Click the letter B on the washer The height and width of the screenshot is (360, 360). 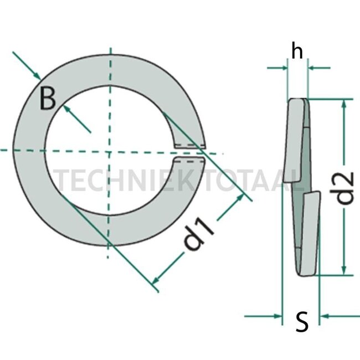point(48,100)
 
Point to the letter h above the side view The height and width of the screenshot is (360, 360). point(297,52)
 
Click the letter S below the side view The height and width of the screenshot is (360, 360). point(302,322)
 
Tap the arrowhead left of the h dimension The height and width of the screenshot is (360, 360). point(284,68)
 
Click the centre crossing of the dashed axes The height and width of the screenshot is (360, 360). point(111,151)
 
